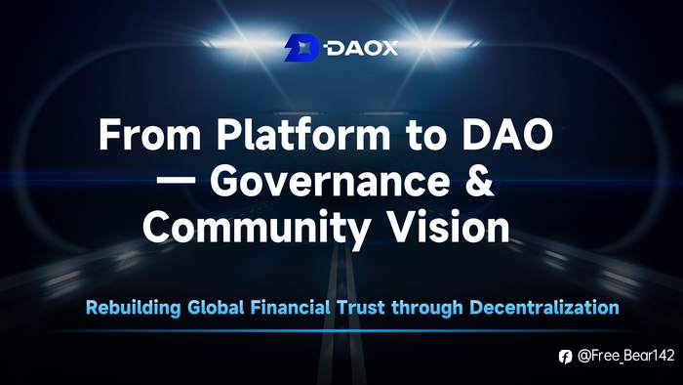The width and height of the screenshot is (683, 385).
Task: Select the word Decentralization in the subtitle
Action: [544, 308]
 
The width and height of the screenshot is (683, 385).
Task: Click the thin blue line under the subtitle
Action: [341, 330]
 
